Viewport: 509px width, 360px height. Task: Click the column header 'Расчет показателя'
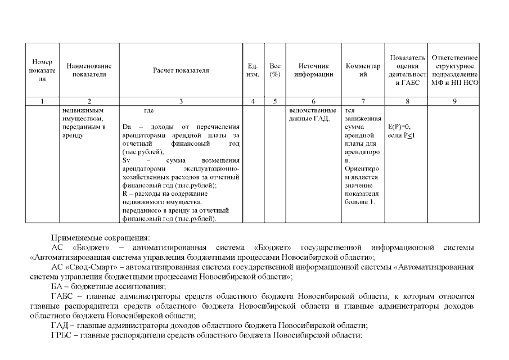pyautogui.click(x=181, y=71)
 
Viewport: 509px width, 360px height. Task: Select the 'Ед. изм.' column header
pyautogui.click(x=253, y=71)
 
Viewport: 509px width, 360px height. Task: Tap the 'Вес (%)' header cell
pyautogui.click(x=275, y=71)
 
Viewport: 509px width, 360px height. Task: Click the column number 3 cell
pyautogui.click(x=181, y=101)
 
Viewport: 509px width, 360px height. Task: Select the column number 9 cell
pyautogui.click(x=454, y=101)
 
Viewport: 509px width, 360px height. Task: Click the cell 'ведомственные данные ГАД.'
pyautogui.click(x=313, y=114)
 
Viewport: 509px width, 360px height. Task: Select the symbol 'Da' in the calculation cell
pyautogui.click(x=127, y=127)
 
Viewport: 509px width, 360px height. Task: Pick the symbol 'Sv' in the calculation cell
pyautogui.click(x=126, y=160)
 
